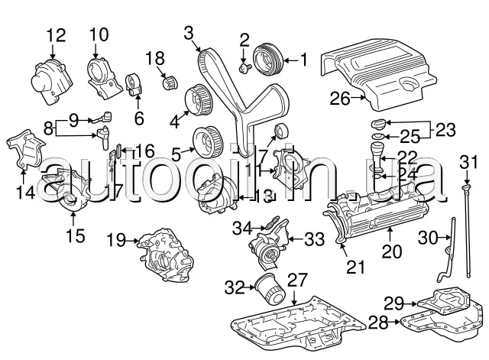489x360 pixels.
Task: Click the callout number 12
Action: (57, 34)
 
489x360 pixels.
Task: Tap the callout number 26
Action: (339, 97)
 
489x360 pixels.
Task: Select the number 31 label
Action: (468, 161)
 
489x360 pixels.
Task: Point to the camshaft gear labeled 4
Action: (198, 99)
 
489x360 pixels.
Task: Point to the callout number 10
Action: (99, 34)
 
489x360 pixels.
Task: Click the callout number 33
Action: (314, 239)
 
